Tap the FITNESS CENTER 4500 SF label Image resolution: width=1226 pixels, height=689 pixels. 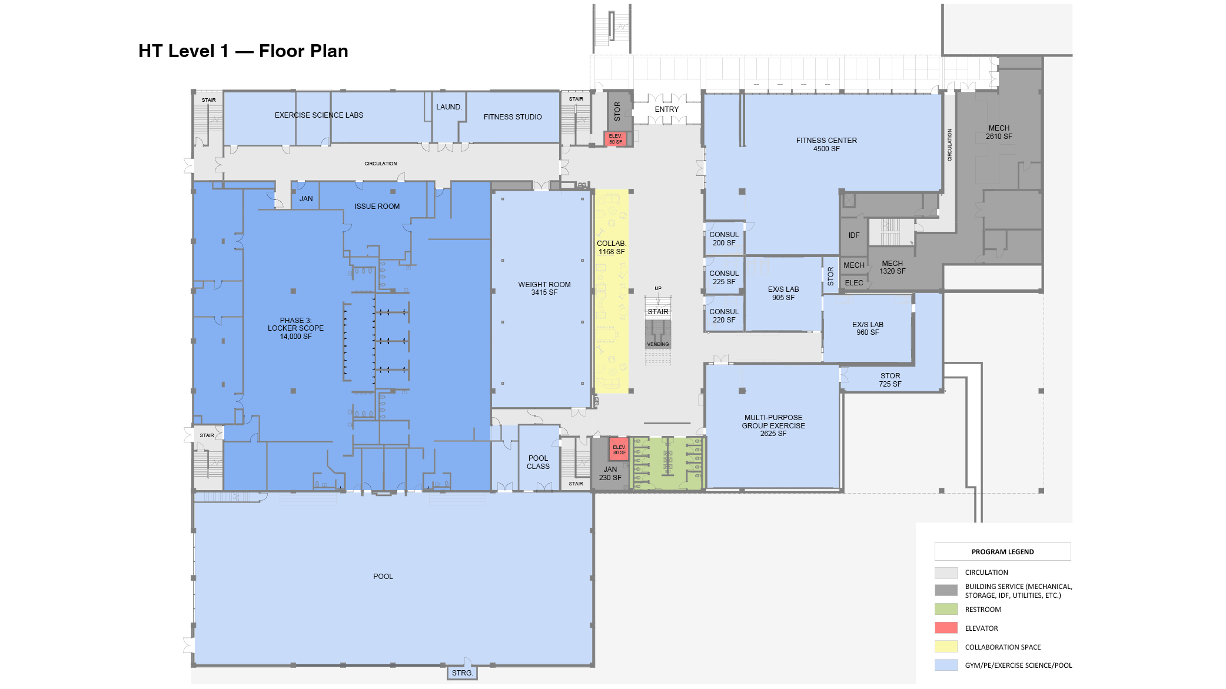(826, 145)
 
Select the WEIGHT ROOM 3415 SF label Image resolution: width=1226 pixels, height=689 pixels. (544, 288)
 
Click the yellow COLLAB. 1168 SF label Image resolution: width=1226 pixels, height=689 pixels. (612, 248)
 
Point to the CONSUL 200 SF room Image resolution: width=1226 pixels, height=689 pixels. (723, 238)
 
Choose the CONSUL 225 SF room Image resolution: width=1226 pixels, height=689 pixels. (723, 278)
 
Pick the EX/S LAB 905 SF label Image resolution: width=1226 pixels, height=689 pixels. (783, 294)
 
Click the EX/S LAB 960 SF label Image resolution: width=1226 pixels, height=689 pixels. (868, 328)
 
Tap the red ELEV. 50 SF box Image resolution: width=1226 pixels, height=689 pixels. (616, 139)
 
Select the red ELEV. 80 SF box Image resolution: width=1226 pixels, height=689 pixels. (619, 450)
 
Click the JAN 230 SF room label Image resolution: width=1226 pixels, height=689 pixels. (610, 474)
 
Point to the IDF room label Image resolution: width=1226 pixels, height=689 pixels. (853, 235)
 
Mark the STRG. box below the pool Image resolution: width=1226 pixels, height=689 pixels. (462, 673)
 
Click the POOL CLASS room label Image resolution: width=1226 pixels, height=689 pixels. (538, 462)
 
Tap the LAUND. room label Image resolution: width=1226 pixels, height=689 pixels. (448, 107)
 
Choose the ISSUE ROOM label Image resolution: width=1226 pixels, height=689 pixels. (377, 207)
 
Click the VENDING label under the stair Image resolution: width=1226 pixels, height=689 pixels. (657, 344)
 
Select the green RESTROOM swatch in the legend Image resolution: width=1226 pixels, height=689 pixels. (945, 610)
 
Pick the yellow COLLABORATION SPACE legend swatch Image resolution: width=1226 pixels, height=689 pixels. (945, 647)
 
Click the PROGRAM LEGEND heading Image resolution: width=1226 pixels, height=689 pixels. (1002, 552)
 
